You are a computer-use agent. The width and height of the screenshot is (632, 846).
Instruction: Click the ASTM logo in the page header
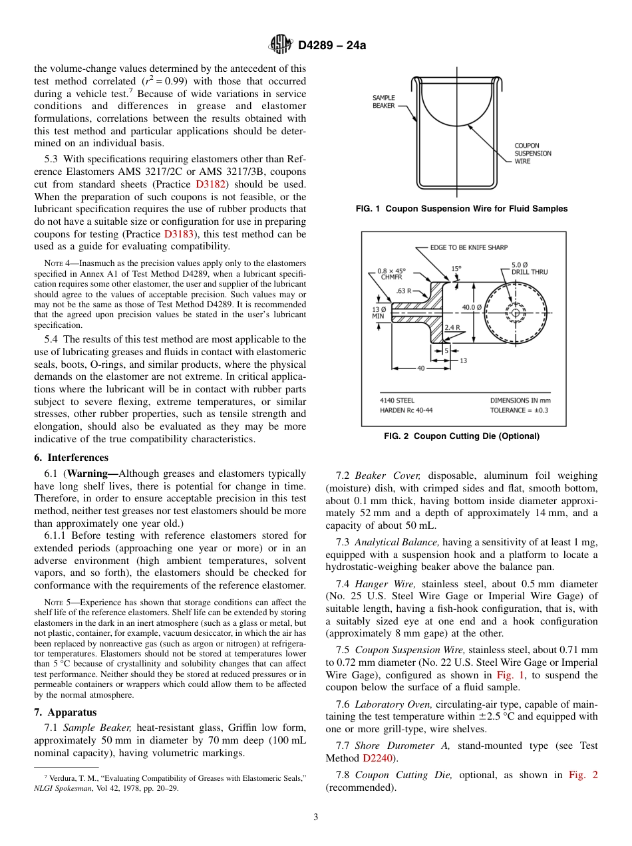pyautogui.click(x=280, y=45)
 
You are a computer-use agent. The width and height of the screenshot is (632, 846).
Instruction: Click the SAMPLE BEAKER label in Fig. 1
pyautogui.click(x=383, y=102)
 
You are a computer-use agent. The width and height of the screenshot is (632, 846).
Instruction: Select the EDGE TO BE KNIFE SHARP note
pyautogui.click(x=468, y=247)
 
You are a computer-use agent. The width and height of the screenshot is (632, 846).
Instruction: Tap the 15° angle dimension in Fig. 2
pyautogui.click(x=456, y=269)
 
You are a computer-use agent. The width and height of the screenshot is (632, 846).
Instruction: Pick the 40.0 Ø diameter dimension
pyautogui.click(x=472, y=308)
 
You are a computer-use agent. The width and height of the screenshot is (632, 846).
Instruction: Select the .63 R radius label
pyautogui.click(x=404, y=291)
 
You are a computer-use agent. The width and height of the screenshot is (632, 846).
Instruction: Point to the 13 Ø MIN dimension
pyautogui.click(x=378, y=313)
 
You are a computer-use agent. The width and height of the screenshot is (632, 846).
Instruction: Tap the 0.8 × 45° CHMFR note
pyautogui.click(x=391, y=273)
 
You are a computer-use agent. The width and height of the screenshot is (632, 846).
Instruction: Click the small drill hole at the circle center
pyautogui.click(x=515, y=312)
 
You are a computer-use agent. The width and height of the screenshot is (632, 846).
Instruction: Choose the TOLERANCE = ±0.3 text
pyautogui.click(x=520, y=410)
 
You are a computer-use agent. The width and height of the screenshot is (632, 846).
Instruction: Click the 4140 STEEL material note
pyautogui.click(x=397, y=400)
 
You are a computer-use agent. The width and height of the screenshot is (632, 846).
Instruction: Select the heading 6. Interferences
pyautogui.click(x=71, y=458)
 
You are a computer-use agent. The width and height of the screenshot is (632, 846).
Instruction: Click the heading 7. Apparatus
pyautogui.click(x=65, y=712)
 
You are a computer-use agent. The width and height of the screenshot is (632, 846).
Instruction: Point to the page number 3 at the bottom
pyautogui.click(x=315, y=817)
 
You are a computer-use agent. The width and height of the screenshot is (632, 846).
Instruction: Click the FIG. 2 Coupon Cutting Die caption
pyautogui.click(x=462, y=436)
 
